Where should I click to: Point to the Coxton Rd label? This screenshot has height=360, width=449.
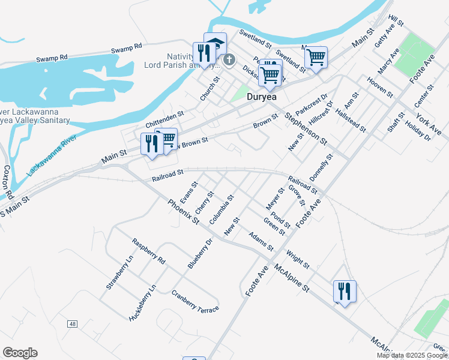(8, 182)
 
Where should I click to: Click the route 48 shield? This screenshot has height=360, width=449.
(73, 324)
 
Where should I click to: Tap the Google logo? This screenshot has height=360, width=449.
(20, 353)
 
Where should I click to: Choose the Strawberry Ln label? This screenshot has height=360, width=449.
(119, 272)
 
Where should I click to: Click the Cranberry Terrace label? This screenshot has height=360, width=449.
(195, 301)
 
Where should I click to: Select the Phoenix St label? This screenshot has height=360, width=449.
(184, 212)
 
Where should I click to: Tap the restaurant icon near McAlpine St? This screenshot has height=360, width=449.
(345, 291)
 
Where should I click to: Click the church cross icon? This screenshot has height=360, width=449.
(229, 60)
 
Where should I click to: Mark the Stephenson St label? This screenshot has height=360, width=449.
(306, 129)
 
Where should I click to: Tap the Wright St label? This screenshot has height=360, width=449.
(298, 260)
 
